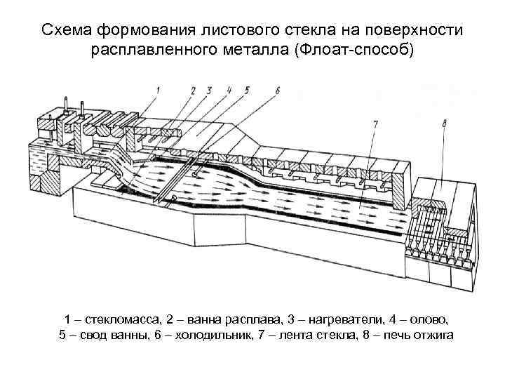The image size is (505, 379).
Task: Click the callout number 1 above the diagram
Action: coord(159,89)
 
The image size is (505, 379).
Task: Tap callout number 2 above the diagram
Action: coord(192,89)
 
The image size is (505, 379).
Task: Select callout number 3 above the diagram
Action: coord(208,89)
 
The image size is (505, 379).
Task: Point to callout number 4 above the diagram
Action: coord(229,89)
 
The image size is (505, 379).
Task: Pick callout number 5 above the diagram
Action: coord(246,89)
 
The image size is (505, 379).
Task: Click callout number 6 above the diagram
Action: coord(277,89)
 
